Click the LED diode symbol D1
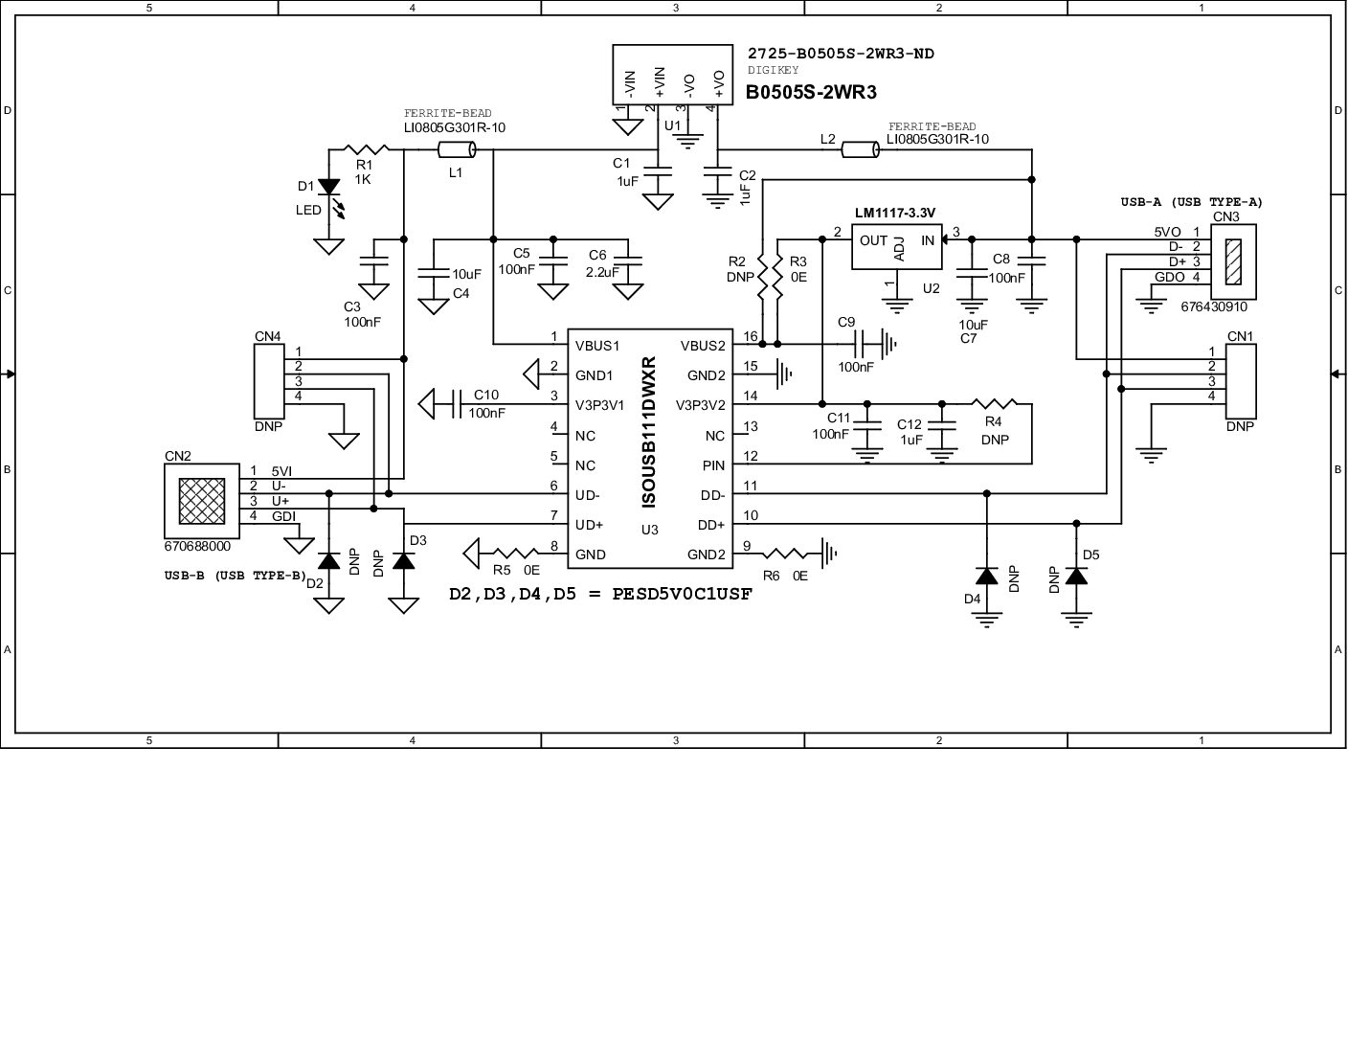pos(329,187)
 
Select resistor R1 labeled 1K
pos(366,149)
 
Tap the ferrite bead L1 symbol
pos(457,149)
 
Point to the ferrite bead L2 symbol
pos(860,149)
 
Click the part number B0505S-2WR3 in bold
pos(811,93)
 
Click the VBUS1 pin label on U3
pos(597,346)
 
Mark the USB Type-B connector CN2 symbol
pos(202,501)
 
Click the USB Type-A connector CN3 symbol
pos(1233,260)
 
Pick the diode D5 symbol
pos(1077,577)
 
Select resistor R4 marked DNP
pos(995,404)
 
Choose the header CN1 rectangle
pos(1241,380)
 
